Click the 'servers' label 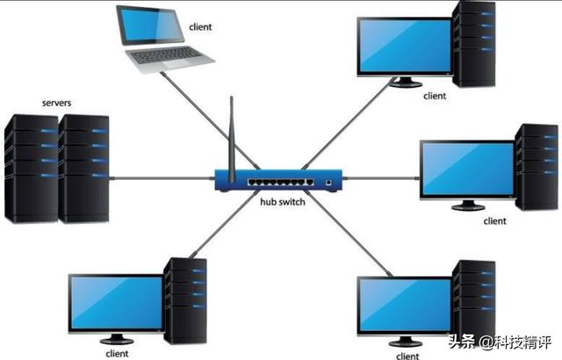[x=56, y=103]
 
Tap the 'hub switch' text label [x=283, y=202]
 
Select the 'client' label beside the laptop [x=200, y=27]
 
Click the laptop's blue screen [x=151, y=25]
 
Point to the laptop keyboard [x=166, y=55]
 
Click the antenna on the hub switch [x=232, y=140]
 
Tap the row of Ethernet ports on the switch [x=281, y=183]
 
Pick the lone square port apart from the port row [x=328, y=183]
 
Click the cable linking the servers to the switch [x=162, y=178]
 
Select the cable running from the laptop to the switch [x=210, y=120]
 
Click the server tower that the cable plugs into [x=83, y=169]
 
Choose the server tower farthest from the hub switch [x=32, y=169]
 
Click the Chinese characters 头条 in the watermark [x=462, y=342]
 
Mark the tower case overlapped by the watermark [x=474, y=303]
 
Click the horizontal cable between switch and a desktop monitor [x=381, y=178]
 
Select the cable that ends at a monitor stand [x=349, y=124]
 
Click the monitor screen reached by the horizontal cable [x=468, y=169]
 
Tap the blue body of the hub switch [x=278, y=180]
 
